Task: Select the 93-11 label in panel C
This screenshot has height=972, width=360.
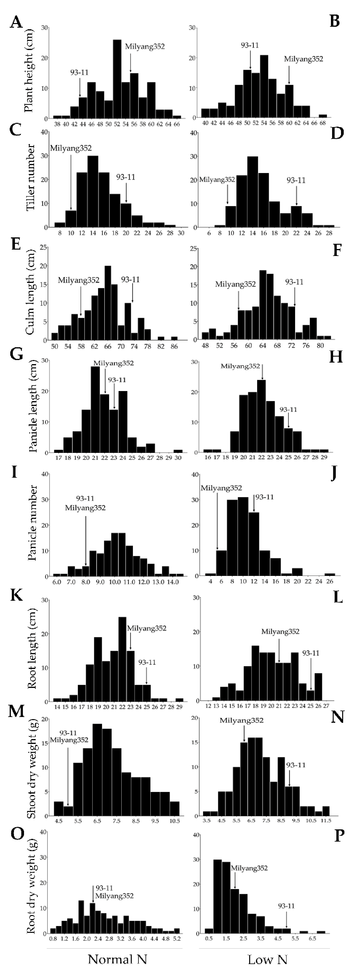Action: point(126,177)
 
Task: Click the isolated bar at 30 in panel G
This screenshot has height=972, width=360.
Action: point(178,451)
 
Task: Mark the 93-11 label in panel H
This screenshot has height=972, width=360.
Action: point(288,409)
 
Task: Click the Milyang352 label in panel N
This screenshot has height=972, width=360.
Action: point(241,720)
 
